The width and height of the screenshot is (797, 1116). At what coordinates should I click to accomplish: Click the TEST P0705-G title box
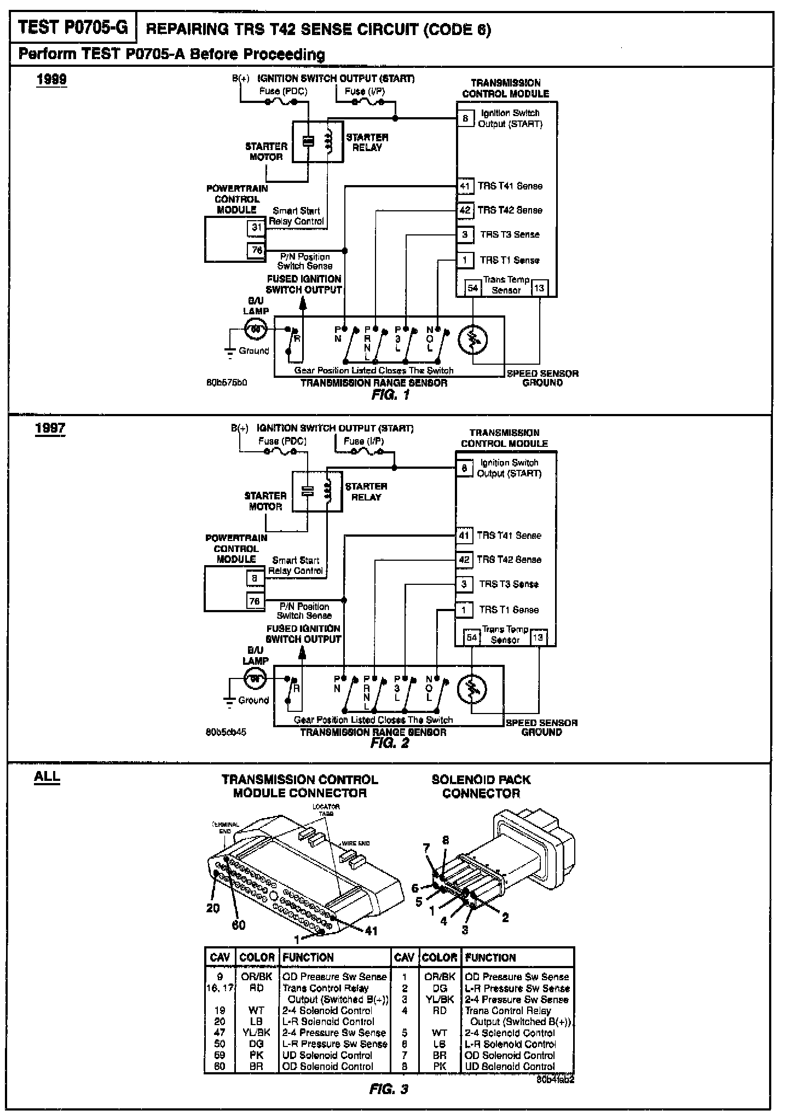pos(73,28)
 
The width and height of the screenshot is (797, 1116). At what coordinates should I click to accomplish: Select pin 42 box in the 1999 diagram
pos(465,210)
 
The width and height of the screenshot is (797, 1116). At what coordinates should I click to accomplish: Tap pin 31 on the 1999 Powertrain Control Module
pos(256,227)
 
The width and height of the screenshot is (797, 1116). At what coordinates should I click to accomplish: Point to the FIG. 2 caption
pos(389,743)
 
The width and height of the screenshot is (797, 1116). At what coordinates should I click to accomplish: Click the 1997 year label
pos(50,428)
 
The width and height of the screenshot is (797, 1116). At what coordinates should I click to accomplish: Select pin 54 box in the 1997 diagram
pos(471,637)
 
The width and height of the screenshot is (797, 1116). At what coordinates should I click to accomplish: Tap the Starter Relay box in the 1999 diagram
pos(318,141)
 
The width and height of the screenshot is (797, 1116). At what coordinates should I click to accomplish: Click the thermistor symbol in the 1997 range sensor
pos(471,689)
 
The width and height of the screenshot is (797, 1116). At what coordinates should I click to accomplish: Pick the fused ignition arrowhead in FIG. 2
pos(302,653)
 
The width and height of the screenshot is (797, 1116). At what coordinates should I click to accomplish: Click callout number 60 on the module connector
pos(239,925)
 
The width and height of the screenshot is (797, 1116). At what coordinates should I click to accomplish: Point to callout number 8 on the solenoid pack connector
pos(446,841)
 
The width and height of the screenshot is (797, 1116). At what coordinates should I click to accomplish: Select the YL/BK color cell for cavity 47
pos(256,1033)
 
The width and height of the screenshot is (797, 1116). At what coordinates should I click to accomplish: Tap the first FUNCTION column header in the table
pos(308,958)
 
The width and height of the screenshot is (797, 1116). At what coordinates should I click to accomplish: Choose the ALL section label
pos(47,776)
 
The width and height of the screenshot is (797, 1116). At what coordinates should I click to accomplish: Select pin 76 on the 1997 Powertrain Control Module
pos(255,601)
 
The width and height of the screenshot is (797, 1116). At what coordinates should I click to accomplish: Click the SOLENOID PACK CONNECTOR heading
pos(481,786)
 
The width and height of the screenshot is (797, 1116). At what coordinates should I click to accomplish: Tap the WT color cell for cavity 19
pos(256,1010)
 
